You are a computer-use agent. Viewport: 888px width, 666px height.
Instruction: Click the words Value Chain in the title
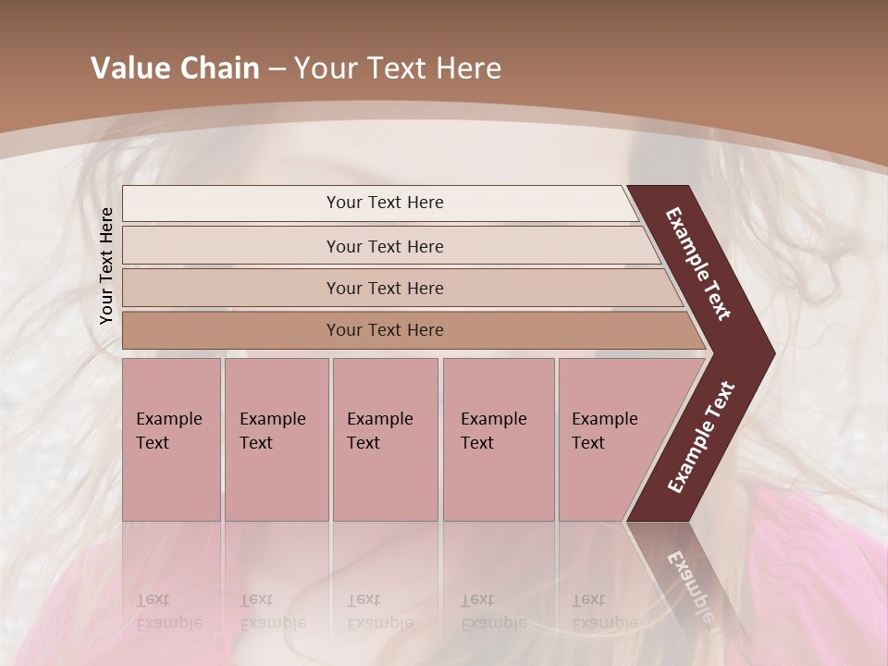point(175,68)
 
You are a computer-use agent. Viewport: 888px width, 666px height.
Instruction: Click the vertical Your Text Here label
point(106,266)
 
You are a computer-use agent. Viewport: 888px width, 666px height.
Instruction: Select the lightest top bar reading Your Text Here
point(384,203)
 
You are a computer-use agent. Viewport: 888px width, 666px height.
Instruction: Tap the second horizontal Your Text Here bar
point(384,246)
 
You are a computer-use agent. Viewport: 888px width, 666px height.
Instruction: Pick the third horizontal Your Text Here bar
point(384,288)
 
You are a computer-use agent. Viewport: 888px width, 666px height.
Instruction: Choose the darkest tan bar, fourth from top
point(384,330)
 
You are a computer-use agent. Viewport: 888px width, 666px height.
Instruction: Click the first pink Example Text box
point(171,438)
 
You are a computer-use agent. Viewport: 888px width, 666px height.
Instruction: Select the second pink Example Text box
point(276,438)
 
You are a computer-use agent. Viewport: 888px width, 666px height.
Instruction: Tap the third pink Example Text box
point(385,438)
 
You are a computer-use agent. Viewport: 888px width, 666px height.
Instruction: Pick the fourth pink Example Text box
point(498,438)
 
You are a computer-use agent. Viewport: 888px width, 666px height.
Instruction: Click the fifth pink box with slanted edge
point(610,438)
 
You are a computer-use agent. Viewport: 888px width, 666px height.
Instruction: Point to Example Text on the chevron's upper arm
point(698,264)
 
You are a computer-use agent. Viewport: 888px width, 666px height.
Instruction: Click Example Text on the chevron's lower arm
point(700,438)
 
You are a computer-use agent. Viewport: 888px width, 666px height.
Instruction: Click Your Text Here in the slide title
point(398,68)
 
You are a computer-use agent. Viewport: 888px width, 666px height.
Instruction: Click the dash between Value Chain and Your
point(277,68)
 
